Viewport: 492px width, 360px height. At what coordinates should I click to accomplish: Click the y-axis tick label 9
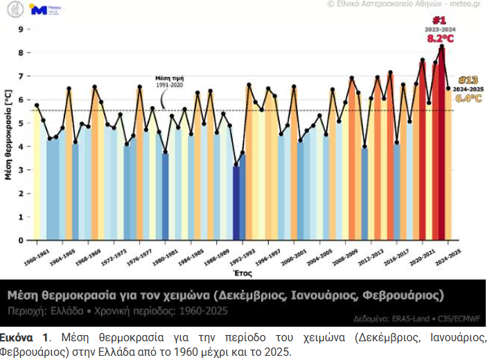coord(21,29)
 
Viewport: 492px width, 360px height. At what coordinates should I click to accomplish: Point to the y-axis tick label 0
coord(21,241)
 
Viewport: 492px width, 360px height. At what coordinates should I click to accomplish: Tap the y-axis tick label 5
coord(21,123)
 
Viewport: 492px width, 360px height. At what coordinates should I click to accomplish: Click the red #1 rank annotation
coord(440,19)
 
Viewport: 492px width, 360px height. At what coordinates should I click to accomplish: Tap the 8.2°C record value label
coord(440,39)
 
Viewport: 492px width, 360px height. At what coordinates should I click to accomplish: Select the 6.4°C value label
coord(468,98)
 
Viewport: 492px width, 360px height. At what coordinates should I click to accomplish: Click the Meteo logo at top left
coord(41,10)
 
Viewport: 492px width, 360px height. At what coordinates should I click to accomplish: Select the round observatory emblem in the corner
coord(13,10)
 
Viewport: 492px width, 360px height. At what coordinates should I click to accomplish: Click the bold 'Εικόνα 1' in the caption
coord(25,337)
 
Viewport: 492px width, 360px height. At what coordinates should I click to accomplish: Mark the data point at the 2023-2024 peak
coord(441,46)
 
